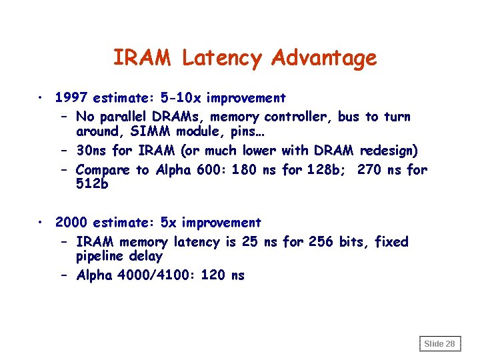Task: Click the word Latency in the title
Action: click(223, 59)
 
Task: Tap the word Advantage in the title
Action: click(324, 59)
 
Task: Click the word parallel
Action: click(125, 117)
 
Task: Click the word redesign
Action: click(389, 151)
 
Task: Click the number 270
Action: click(370, 170)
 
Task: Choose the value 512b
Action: click(92, 185)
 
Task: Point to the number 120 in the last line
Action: click(212, 275)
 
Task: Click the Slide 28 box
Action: click(439, 343)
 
